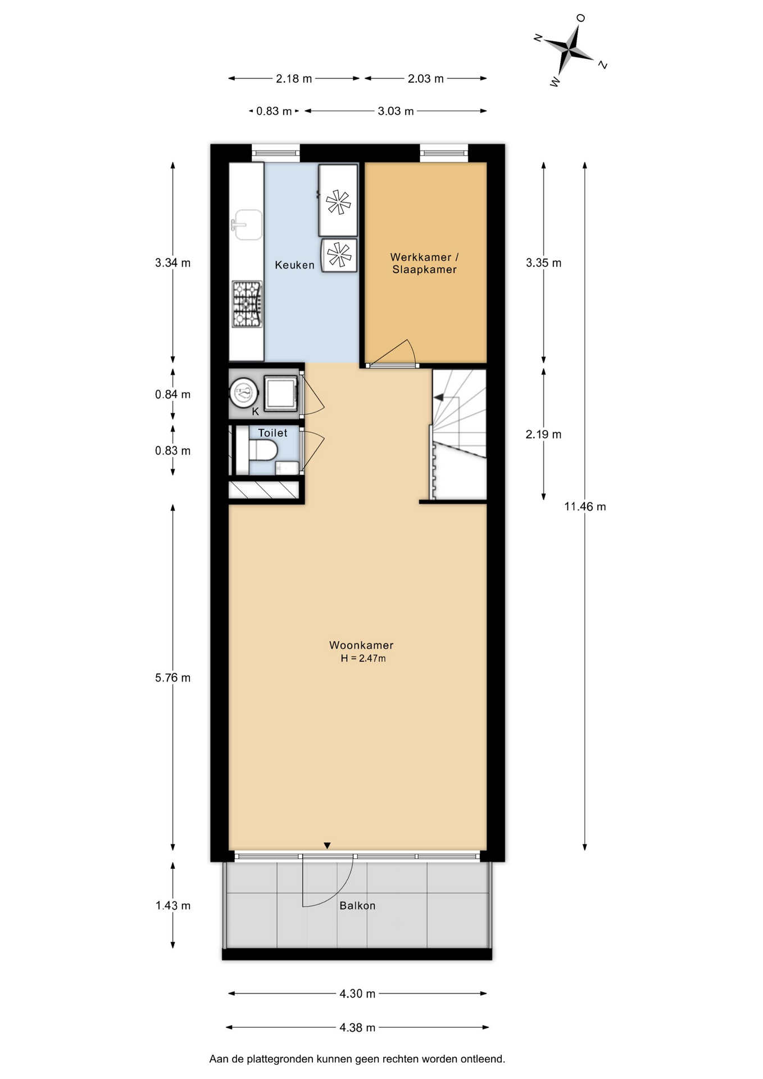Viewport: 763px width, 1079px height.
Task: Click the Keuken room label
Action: pos(294,265)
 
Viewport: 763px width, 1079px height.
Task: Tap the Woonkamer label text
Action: pos(361,645)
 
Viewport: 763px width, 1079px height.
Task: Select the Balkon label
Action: pos(357,905)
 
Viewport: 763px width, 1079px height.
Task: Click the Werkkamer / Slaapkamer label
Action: pos(425,263)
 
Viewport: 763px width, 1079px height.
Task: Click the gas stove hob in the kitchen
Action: pos(247,304)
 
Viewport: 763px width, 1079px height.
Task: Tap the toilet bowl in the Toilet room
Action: pos(263,450)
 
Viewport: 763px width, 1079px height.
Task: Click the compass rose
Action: pos(570,51)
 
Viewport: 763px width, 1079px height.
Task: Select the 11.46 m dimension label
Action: pos(585,506)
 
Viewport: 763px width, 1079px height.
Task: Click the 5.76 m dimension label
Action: pos(173,678)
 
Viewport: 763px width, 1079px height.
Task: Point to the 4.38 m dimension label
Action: pos(357,1027)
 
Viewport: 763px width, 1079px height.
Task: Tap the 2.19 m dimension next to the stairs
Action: pos(543,434)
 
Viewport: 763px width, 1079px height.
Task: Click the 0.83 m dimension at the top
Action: pos(274,111)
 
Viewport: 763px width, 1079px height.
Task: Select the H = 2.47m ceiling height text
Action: pos(363,658)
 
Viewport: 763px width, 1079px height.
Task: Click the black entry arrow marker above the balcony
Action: pos(327,845)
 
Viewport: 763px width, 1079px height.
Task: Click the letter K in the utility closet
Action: pos(255,411)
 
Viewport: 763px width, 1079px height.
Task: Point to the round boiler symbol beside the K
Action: pos(243,392)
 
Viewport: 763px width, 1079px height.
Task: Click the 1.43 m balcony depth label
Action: pos(173,905)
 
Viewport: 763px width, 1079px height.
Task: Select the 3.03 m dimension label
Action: pos(396,111)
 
